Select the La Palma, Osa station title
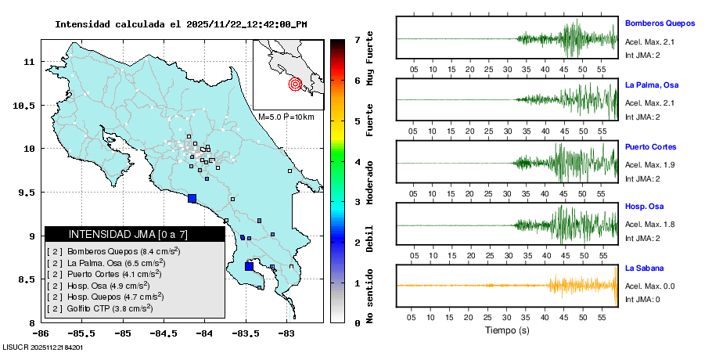651,85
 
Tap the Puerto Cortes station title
650,147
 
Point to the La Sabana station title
644,268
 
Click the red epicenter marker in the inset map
295,84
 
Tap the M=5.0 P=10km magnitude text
286,117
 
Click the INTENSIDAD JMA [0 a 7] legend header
117,234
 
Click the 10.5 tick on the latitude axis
30,105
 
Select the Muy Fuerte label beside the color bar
370,61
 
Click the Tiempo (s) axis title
506,330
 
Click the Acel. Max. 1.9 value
649,164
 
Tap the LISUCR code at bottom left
43,347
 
